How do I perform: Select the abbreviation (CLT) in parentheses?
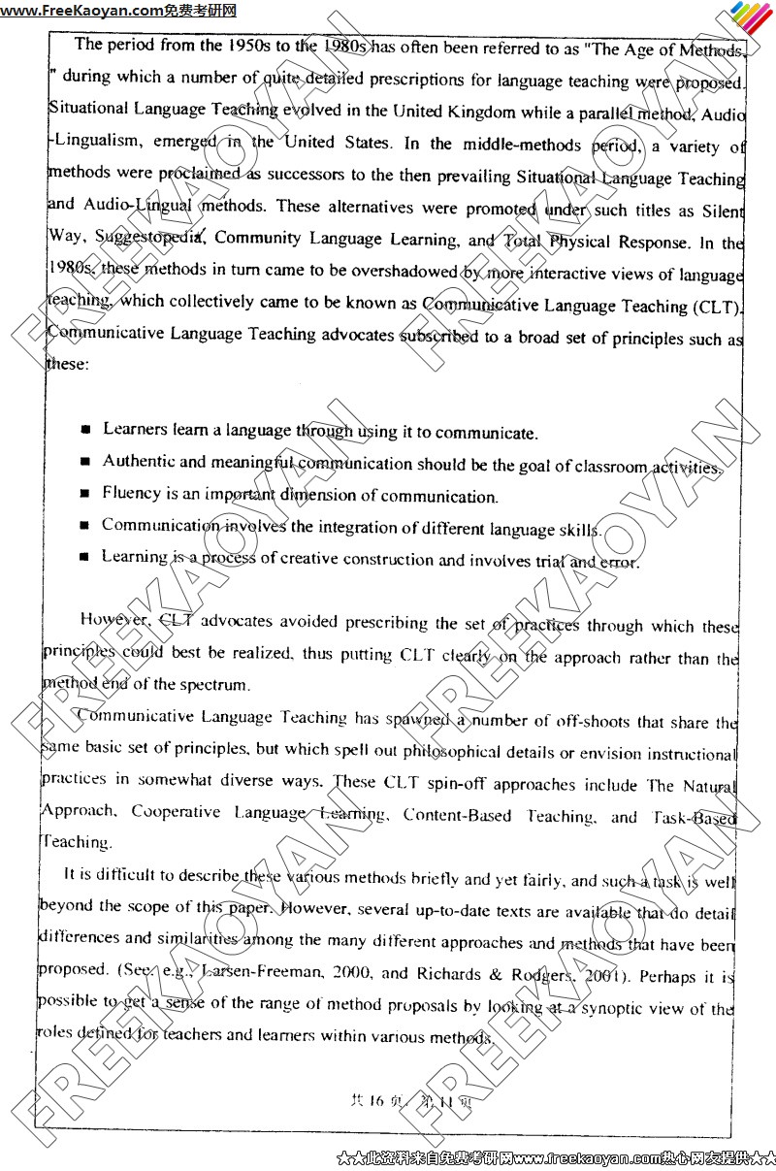tap(716, 307)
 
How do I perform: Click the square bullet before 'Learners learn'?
tap(86, 429)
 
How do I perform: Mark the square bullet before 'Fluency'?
tap(85, 494)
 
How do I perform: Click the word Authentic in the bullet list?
tap(139, 462)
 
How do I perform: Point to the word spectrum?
tap(216, 684)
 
